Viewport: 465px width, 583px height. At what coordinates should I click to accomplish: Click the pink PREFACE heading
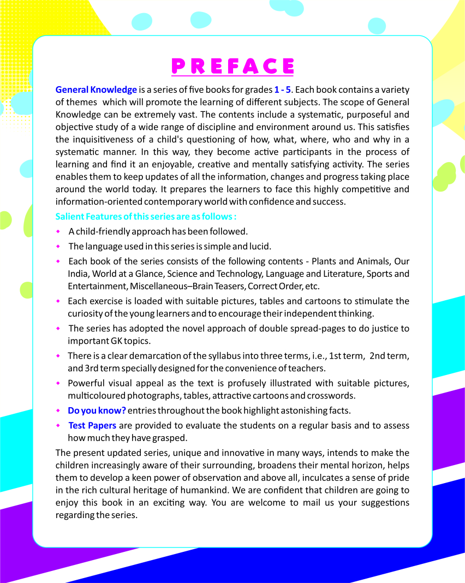(233, 66)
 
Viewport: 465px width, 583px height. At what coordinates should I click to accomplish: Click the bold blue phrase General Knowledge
(96, 90)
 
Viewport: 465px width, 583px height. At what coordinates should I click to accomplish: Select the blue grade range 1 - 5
(282, 90)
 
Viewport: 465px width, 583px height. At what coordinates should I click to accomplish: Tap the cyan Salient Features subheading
(146, 217)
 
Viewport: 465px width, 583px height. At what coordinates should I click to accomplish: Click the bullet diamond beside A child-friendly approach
(58, 231)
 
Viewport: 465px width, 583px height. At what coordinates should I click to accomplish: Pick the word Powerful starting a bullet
(87, 383)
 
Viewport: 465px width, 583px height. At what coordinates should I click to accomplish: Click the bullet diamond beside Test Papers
(58, 425)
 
